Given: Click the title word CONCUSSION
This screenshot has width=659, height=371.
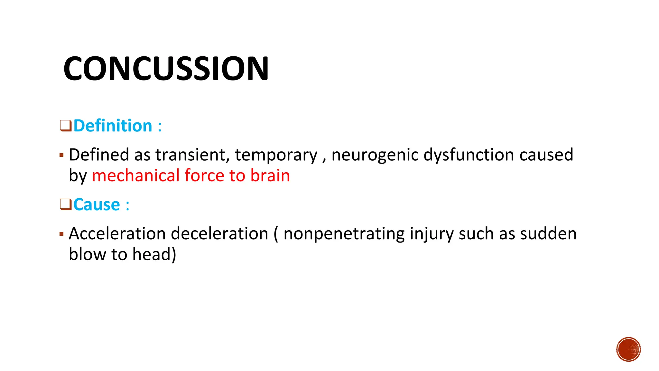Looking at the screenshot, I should pyautogui.click(x=166, y=68).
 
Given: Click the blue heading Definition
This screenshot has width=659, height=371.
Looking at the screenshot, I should pyautogui.click(x=113, y=126).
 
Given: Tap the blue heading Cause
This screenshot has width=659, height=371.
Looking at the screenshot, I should pyautogui.click(x=97, y=205).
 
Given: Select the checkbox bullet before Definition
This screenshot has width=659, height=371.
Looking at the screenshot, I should pyautogui.click(x=65, y=126).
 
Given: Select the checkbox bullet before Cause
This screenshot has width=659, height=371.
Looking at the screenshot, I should pyautogui.click(x=65, y=204).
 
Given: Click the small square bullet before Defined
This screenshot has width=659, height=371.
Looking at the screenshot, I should pyautogui.click(x=61, y=156).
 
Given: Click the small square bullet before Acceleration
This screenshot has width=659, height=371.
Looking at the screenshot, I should pyautogui.click(x=61, y=234).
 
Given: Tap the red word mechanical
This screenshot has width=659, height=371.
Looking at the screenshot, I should pyautogui.click(x=135, y=176).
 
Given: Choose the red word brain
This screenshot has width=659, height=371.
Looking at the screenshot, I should pyautogui.click(x=270, y=176).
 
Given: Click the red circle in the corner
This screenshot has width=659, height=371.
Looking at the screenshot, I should pyautogui.click(x=628, y=349).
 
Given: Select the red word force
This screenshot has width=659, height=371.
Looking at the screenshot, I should pyautogui.click(x=204, y=176).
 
